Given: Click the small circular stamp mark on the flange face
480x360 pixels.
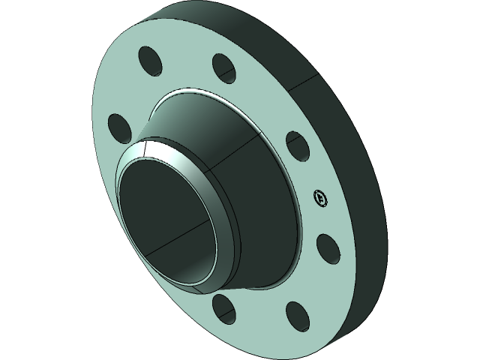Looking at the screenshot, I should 320,198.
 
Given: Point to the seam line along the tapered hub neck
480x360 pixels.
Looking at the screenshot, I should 232,154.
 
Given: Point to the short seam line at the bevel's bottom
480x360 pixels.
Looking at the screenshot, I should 201,287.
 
